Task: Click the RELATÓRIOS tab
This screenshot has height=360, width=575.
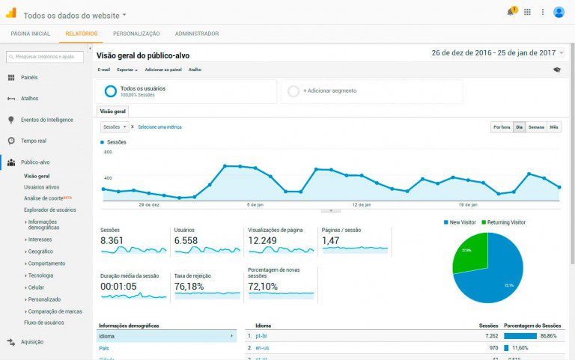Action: (81, 34)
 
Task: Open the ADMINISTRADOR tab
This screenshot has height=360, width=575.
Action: (197, 34)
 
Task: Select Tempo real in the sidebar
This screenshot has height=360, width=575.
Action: (34, 141)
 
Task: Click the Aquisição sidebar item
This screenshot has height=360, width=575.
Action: (31, 342)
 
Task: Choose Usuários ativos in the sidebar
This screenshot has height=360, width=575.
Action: (42, 187)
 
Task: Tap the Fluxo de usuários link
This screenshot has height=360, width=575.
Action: (45, 323)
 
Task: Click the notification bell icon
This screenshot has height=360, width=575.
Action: (510, 12)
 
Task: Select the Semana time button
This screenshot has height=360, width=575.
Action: (537, 127)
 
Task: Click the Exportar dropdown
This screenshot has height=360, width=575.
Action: (127, 70)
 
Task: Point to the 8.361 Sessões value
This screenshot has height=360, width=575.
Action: (112, 241)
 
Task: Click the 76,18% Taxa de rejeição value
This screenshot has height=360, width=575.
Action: (189, 287)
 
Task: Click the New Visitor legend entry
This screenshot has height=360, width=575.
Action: (463, 222)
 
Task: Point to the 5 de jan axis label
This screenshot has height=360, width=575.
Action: (256, 204)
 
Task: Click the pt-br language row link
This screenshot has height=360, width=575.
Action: (261, 337)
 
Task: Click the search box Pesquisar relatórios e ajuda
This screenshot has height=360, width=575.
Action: (45, 56)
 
